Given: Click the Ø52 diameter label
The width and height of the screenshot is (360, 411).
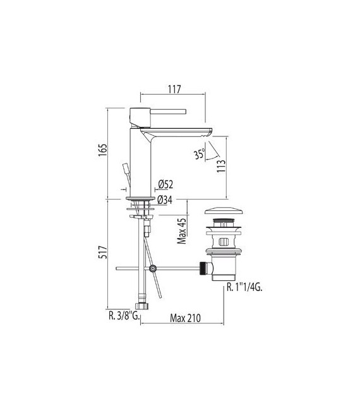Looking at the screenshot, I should pyautogui.click(x=165, y=184).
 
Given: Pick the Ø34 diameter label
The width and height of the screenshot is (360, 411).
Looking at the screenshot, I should pyautogui.click(x=165, y=200).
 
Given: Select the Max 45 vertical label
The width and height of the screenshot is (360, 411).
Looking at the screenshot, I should pyautogui.click(x=181, y=231).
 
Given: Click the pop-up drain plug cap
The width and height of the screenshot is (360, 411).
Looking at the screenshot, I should pyautogui.click(x=224, y=211).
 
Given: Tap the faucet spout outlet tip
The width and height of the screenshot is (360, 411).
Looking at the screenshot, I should pyautogui.click(x=208, y=133).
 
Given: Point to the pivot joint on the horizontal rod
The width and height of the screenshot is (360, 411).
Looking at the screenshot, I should pyautogui.click(x=152, y=270).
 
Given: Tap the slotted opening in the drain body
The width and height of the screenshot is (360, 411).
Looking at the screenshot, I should pyautogui.click(x=224, y=242).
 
